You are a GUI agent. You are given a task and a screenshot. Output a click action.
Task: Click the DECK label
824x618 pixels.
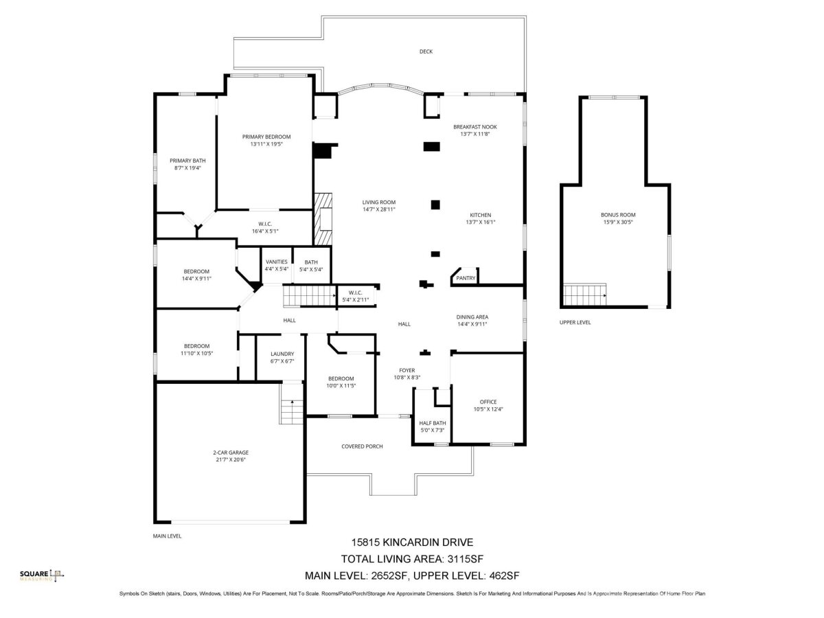click(x=426, y=51)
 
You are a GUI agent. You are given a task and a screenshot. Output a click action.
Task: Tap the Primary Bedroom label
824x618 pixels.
click(x=266, y=137)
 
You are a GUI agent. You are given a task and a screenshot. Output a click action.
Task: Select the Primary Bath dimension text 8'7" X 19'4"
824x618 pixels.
click(x=187, y=168)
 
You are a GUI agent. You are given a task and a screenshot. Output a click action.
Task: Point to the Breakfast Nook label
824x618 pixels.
click(x=475, y=127)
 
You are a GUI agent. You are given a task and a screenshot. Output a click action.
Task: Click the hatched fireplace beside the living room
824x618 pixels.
click(x=323, y=219)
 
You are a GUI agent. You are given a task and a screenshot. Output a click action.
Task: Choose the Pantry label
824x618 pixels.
click(x=466, y=278)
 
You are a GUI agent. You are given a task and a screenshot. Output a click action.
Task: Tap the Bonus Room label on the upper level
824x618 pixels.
click(x=618, y=215)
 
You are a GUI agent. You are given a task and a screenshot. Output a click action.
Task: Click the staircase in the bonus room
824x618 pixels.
click(x=584, y=295)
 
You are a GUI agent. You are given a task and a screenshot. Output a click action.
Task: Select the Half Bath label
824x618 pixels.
click(x=433, y=423)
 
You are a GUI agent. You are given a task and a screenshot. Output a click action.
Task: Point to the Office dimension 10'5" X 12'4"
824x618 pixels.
click(x=488, y=409)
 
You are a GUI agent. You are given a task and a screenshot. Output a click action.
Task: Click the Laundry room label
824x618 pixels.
click(x=282, y=354)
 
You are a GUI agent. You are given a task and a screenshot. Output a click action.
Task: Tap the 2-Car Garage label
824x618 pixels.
click(x=231, y=453)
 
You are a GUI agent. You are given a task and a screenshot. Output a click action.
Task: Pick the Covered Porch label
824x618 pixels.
click(x=362, y=446)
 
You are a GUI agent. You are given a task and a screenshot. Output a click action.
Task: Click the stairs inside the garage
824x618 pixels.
click(x=291, y=403)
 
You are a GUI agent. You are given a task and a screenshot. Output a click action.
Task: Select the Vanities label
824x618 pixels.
click(x=276, y=262)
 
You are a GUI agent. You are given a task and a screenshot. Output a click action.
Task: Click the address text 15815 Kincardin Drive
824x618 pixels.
click(x=412, y=542)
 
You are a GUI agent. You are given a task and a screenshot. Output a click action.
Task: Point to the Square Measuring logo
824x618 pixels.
click(x=42, y=575)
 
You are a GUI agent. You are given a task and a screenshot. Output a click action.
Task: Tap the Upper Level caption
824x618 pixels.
click(x=575, y=322)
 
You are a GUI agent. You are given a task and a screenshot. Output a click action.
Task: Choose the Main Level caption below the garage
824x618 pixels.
click(x=167, y=536)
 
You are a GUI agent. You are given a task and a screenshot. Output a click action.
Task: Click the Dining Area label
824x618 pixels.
click(x=472, y=317)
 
